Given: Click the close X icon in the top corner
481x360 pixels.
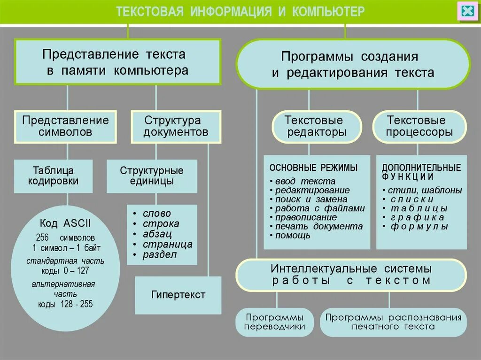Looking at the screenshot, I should (x=467, y=11).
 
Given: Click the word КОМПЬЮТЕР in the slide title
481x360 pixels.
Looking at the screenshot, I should (x=328, y=12).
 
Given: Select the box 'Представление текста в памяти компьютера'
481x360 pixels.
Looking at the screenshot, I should (x=118, y=62).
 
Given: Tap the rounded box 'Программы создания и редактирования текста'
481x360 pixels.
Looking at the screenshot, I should (x=352, y=64).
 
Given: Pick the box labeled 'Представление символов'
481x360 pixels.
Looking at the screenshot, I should (x=65, y=126).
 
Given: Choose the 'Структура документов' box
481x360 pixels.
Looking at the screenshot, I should (x=176, y=126).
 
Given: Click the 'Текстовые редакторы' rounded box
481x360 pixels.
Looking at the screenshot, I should (x=316, y=126).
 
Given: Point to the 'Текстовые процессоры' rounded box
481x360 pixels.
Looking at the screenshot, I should (x=419, y=126).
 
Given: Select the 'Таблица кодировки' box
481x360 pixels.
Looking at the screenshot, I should (x=53, y=176).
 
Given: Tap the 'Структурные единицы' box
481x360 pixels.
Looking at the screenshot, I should (x=151, y=176).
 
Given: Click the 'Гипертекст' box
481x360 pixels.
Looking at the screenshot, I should (x=178, y=295).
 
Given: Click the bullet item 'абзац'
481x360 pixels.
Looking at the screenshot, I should (x=157, y=234).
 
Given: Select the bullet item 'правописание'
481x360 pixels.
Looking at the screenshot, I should (x=306, y=217).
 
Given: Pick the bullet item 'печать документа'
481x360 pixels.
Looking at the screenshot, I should (x=319, y=226).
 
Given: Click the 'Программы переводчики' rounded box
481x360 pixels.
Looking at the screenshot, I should (x=275, y=322).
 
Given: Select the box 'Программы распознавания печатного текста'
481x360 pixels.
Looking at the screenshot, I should (x=393, y=322).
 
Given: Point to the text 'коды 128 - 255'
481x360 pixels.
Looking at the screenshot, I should (x=65, y=304).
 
